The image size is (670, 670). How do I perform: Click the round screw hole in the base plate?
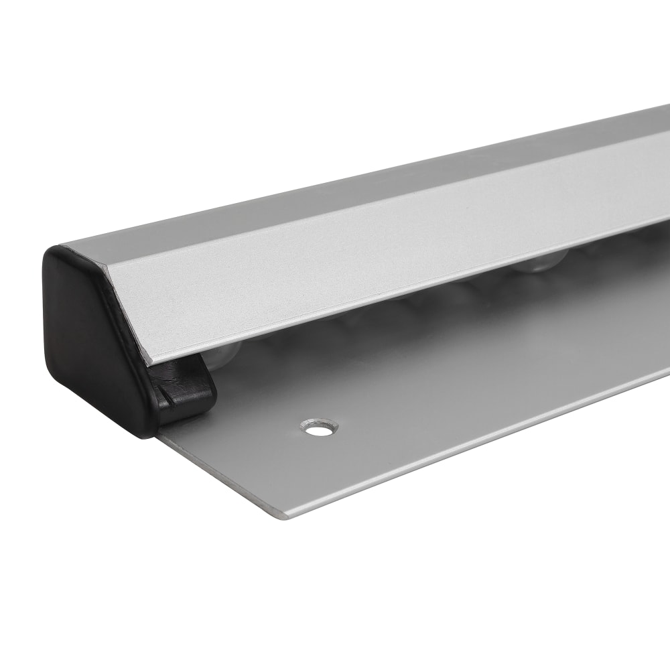(x=320, y=427)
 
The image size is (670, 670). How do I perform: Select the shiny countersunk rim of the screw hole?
(x=310, y=424)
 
